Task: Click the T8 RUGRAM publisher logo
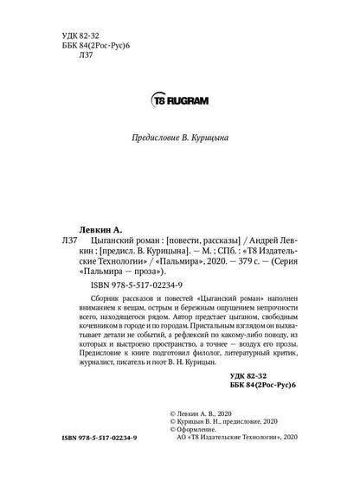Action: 179,99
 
